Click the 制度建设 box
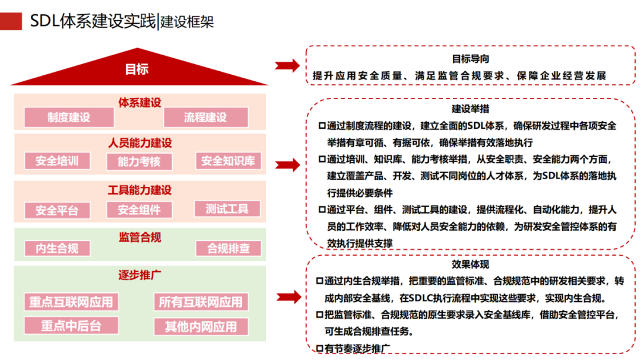click(69, 117)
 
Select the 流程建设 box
click(205, 117)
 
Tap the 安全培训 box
click(57, 161)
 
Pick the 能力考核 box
click(139, 161)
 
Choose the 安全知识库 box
click(228, 161)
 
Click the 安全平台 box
click(57, 210)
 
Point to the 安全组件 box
click(139, 209)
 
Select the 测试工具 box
click(227, 209)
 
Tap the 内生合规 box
click(57, 249)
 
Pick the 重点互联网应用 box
click(71, 302)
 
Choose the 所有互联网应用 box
click(201, 302)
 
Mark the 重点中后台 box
click(71, 326)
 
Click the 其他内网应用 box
click(201, 326)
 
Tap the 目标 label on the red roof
click(137, 69)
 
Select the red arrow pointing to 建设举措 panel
click(288, 165)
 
